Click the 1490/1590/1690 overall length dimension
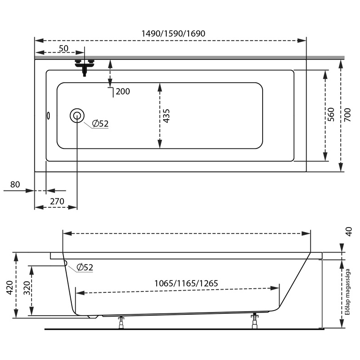(173, 33)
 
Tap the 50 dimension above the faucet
(64, 48)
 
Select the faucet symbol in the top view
(85, 67)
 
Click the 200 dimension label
(123, 91)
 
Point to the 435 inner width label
(166, 116)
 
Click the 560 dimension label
(331, 115)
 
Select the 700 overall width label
(348, 115)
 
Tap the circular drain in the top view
(77, 116)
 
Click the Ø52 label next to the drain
(100, 124)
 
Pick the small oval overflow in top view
(48, 116)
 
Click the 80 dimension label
(15, 185)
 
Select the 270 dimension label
(57, 201)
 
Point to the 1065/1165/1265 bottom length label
(186, 283)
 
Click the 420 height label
(10, 287)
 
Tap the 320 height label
(26, 288)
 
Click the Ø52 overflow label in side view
(85, 267)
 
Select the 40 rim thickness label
(349, 232)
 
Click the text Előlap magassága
(348, 292)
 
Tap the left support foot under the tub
(121, 323)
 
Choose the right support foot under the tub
(254, 322)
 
